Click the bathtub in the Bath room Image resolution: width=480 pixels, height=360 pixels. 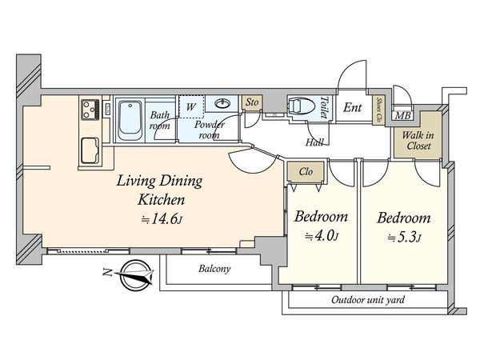tap(130, 121)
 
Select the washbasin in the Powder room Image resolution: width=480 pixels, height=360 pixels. tap(222, 104)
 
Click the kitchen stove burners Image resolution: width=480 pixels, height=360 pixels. tap(90, 110)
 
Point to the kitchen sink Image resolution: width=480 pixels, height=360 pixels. tap(90, 150)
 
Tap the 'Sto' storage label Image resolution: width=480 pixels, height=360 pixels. tap(252, 102)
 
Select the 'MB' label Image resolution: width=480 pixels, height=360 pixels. tap(402, 116)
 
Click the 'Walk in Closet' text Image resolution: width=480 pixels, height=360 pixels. tap(418, 140)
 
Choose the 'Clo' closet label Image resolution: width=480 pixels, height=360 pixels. tap(306, 172)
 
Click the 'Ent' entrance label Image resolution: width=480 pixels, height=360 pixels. tap(352, 107)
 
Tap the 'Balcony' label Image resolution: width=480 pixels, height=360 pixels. tap(214, 269)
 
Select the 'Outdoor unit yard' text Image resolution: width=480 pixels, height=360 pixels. tap(368, 300)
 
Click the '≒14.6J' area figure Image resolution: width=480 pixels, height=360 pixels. tap(162, 219)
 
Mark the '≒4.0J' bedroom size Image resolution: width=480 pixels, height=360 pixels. tap(322, 236)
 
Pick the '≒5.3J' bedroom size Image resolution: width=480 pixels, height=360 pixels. tap(404, 238)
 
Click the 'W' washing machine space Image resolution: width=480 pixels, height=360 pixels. tap(191, 106)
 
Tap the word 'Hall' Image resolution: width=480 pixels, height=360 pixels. tap(314, 142)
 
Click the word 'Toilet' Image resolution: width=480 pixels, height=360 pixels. tap(324, 107)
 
